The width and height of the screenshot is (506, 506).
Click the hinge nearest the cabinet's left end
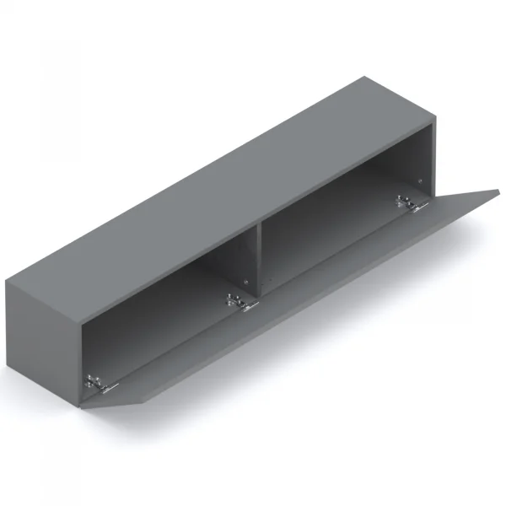100,385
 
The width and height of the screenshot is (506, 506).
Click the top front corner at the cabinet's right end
434,120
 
